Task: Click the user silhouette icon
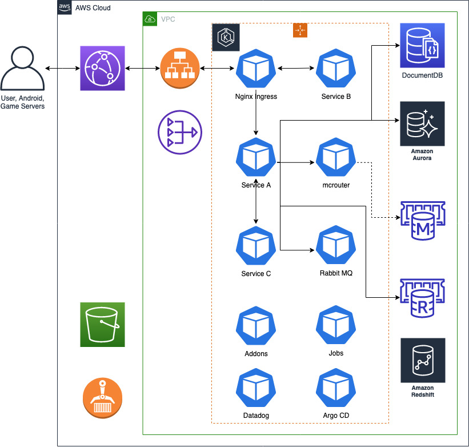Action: point(22,68)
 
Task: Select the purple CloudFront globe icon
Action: point(102,68)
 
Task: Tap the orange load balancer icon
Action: point(180,68)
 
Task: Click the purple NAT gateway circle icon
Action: point(180,132)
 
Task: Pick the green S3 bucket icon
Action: point(102,325)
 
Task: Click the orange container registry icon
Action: point(102,398)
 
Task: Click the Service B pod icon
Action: point(336,68)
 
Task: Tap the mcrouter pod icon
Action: point(336,157)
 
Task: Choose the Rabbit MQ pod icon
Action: point(336,245)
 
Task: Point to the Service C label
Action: point(256,273)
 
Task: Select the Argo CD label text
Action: point(336,416)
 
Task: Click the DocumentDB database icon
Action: point(422,45)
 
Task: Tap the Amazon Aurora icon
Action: point(422,123)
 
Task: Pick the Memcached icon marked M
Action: point(423,221)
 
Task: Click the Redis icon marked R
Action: point(422,298)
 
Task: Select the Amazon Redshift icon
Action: point(423,360)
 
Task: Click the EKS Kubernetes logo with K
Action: point(226,37)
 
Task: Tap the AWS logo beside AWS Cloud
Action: point(65,7)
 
